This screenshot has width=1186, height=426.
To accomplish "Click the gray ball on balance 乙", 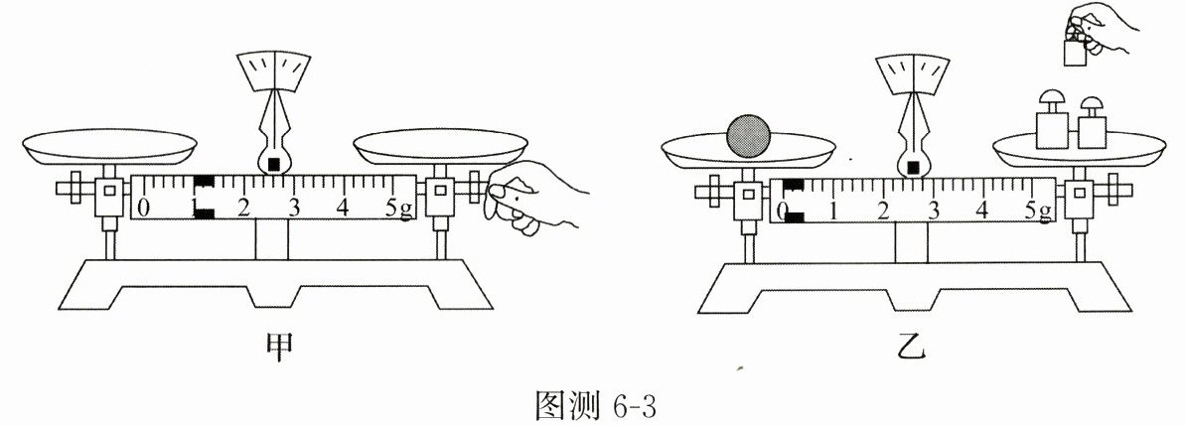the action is point(748,136).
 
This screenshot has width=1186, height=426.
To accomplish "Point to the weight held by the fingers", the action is point(1075,51).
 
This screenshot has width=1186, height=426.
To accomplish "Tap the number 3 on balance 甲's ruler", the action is point(294,207).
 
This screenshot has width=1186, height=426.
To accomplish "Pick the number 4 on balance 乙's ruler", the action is point(982,210).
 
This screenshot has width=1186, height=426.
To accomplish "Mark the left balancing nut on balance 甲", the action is point(72,189).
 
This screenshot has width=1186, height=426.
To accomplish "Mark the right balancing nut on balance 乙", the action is point(1110,188).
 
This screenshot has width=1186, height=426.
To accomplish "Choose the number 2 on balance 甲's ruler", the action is point(243,207).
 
